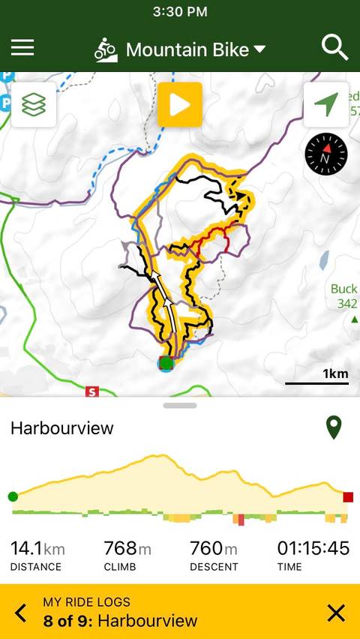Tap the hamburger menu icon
click(22, 48)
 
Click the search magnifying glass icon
click(334, 48)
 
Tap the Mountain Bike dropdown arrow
click(259, 49)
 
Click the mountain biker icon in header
click(106, 49)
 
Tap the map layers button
click(33, 105)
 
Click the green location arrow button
click(326, 105)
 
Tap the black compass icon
click(326, 155)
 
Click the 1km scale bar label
click(334, 373)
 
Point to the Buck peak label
click(343, 289)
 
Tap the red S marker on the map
click(92, 391)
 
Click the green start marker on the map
click(166, 364)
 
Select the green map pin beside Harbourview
click(334, 427)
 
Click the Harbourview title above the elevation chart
click(62, 428)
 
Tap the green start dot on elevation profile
click(13, 496)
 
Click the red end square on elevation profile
click(348, 496)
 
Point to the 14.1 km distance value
click(37, 549)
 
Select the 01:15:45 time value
click(313, 549)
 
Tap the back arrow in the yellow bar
click(21, 613)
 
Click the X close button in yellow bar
click(337, 613)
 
